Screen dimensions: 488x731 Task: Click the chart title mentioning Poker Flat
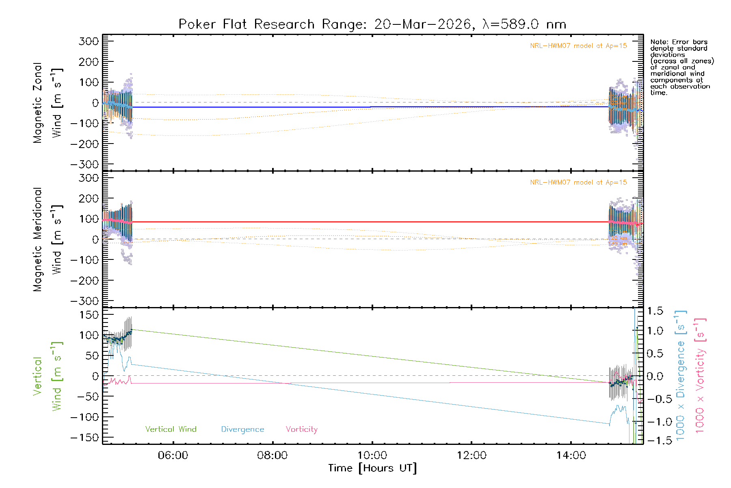(372, 24)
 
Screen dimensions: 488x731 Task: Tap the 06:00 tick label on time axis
(173, 455)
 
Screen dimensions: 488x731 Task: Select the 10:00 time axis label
(372, 455)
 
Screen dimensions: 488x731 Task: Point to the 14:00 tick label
(571, 455)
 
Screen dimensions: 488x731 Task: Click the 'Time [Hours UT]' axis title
(372, 468)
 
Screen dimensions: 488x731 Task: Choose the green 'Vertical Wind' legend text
(171, 429)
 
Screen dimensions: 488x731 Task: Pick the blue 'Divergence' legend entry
(242, 429)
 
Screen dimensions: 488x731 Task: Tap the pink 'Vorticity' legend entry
(301, 429)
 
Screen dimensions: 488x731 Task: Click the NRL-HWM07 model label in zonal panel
(578, 46)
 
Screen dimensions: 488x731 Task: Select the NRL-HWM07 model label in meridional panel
(578, 183)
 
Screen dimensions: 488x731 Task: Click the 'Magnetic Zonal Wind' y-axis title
(48, 103)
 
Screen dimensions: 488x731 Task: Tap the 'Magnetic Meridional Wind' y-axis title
(48, 240)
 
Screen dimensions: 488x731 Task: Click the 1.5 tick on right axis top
(655, 311)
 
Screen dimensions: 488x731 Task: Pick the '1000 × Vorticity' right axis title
(700, 375)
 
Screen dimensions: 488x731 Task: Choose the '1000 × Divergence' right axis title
(680, 375)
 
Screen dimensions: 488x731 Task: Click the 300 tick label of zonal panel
(89, 41)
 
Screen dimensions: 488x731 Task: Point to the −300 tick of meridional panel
(85, 301)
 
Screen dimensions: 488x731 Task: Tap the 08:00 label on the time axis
(272, 455)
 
